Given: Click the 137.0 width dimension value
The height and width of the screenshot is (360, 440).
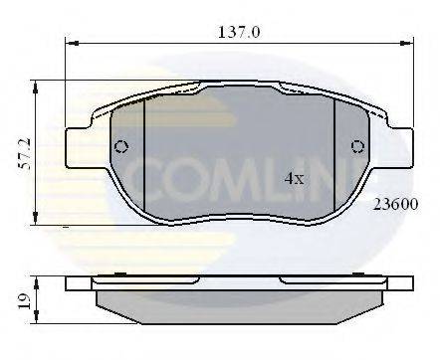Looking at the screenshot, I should tap(239, 32).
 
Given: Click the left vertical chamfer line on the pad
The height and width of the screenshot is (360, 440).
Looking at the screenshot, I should tap(145, 159).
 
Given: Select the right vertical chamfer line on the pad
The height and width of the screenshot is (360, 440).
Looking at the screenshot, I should tap(333, 159).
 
